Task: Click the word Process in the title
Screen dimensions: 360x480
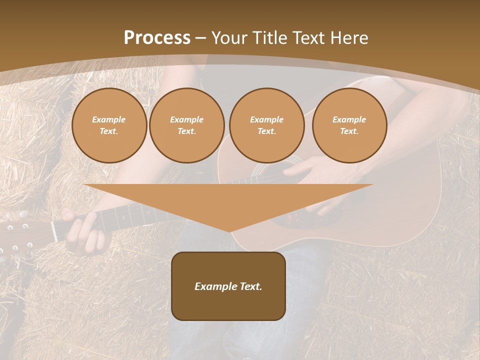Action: coord(157,38)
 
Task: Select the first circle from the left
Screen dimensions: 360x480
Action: coord(109,125)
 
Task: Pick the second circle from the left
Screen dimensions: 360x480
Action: coord(186,125)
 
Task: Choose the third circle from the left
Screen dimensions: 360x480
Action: coord(266,125)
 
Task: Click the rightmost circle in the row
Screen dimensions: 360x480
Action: coord(349,125)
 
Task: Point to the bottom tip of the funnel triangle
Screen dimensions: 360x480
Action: coord(229,231)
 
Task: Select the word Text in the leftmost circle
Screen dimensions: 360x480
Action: coord(109,131)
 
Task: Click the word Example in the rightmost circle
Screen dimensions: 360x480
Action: coord(349,119)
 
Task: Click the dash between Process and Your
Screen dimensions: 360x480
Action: coord(201,38)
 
